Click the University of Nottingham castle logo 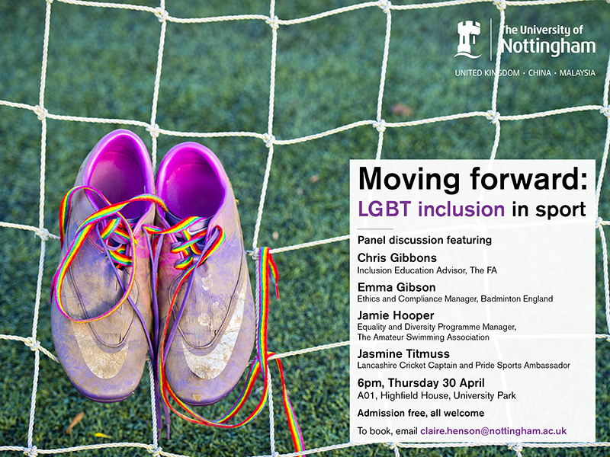(x=468, y=39)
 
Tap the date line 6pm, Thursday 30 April (x=422, y=382)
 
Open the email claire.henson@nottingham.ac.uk (x=493, y=431)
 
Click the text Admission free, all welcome (x=421, y=413)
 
